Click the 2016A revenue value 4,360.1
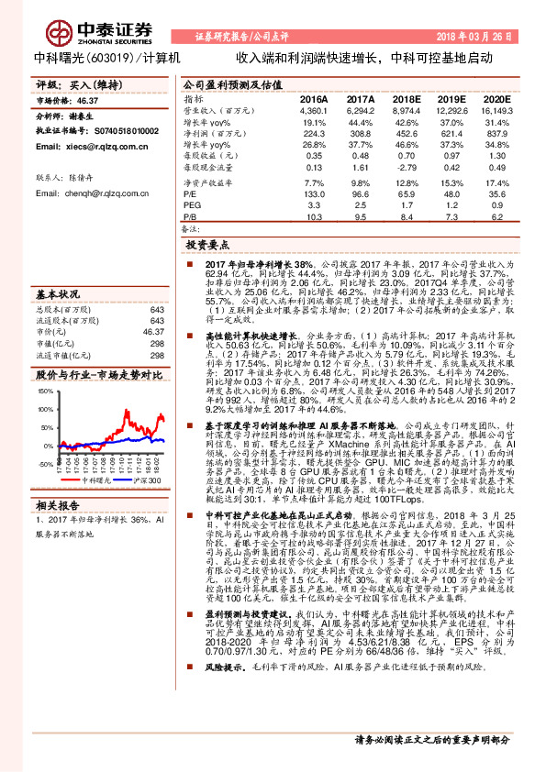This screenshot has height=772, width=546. [x=313, y=110]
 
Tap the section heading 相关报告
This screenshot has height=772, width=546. [x=60, y=506]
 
